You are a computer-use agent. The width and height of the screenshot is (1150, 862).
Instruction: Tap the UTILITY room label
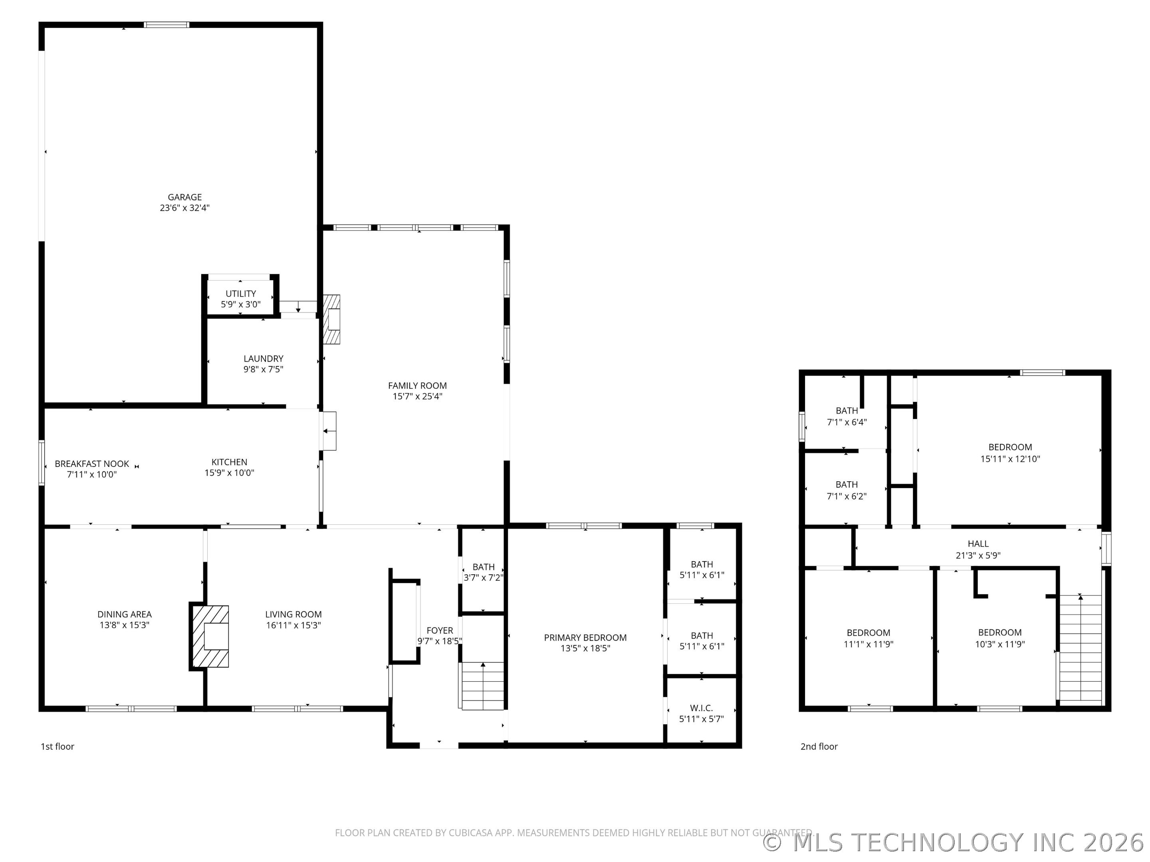pos(240,294)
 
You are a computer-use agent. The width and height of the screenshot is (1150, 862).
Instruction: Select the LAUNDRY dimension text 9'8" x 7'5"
pos(263,370)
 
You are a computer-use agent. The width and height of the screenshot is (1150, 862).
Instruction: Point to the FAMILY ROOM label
pos(417,386)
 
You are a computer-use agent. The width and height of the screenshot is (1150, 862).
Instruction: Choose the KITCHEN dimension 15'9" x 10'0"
pos(229,473)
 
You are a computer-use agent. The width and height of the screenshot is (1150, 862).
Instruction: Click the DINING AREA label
pos(124,614)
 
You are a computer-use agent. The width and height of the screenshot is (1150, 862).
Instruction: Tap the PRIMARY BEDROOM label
pos(585,638)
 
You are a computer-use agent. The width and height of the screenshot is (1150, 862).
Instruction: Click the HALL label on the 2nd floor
pos(978,544)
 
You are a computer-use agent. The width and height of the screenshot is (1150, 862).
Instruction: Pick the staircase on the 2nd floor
pos(1081,649)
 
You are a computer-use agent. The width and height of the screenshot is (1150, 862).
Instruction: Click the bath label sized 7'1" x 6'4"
pos(847,411)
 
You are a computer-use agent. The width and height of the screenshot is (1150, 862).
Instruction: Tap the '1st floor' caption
pos(57,746)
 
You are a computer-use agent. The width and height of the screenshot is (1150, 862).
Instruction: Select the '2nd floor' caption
pos(819,746)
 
